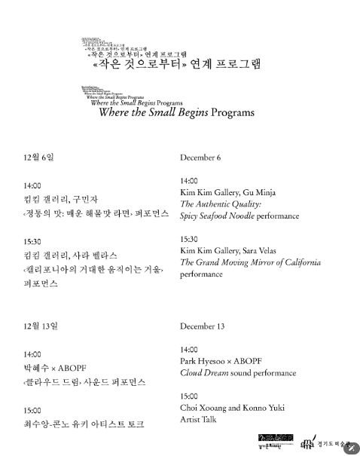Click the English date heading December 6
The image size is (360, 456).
[x=200, y=158]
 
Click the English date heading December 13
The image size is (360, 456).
[x=201, y=327]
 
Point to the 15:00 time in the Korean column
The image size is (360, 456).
[x=33, y=411]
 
